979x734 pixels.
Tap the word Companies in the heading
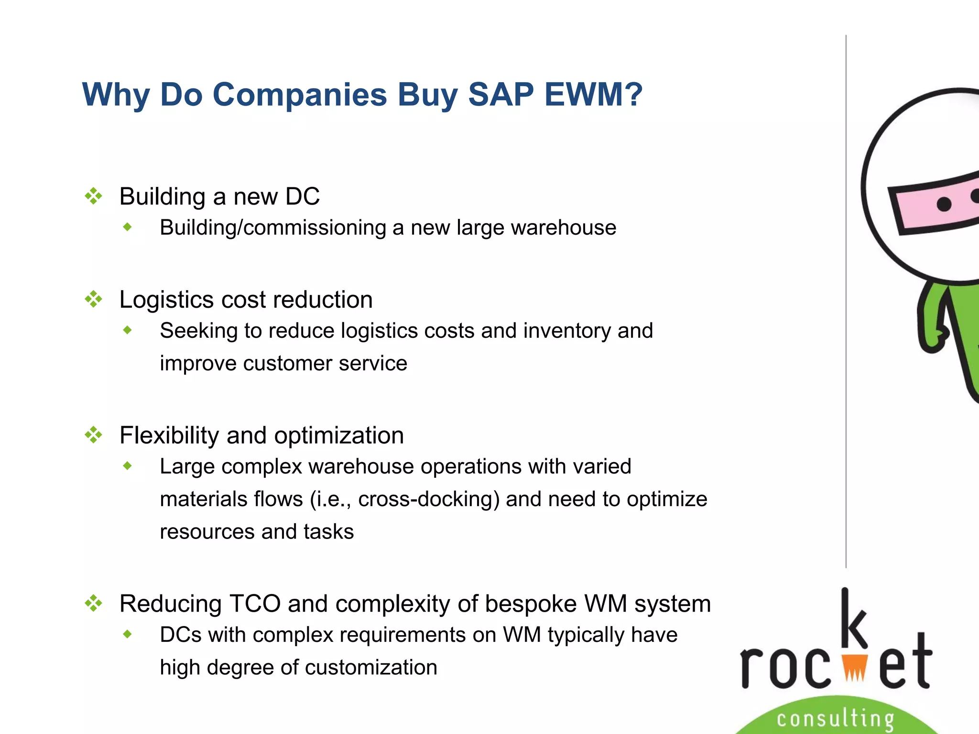pyautogui.click(x=299, y=94)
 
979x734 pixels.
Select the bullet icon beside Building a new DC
pyautogui.click(x=94, y=196)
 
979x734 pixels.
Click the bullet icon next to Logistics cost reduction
pyautogui.click(x=94, y=300)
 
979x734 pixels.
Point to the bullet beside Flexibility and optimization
pyautogui.click(x=94, y=435)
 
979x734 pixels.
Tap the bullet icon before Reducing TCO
pyautogui.click(x=94, y=603)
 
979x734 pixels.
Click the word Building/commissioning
pyautogui.click(x=272, y=228)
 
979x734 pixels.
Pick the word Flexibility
pyautogui.click(x=169, y=436)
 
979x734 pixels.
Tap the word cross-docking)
pyautogui.click(x=429, y=499)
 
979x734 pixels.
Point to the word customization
pyautogui.click(x=371, y=668)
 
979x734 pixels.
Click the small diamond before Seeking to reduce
pyautogui.click(x=127, y=330)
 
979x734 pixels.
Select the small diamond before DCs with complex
pyautogui.click(x=127, y=634)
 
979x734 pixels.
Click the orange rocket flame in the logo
pyautogui.click(x=854, y=667)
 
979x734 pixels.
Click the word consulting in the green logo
pyautogui.click(x=835, y=719)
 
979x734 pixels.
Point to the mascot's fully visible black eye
pyautogui.click(x=944, y=205)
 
